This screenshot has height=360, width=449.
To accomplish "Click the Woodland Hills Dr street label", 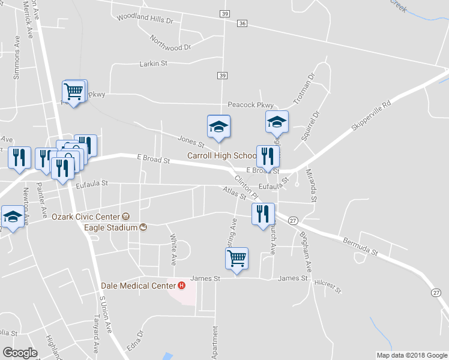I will pyautogui.click(x=146, y=20).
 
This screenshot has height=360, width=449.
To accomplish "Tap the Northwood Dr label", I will pyautogui.click(x=170, y=43).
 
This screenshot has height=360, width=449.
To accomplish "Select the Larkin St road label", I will pyautogui.click(x=153, y=63).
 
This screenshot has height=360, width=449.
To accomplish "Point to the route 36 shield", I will pyautogui.click(x=242, y=23).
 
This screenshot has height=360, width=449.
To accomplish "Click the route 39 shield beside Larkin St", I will pyautogui.click(x=222, y=75).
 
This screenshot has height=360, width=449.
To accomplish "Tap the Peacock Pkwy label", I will pyautogui.click(x=251, y=105).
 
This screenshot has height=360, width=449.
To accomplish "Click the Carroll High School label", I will pyautogui.click(x=222, y=155).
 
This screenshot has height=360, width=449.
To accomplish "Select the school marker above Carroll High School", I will pyautogui.click(x=218, y=127).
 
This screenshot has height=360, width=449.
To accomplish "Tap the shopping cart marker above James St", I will pyautogui.click(x=237, y=259).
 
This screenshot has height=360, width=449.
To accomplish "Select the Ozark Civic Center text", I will pyautogui.click(x=86, y=216).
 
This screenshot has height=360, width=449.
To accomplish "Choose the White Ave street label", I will pyautogui.click(x=174, y=250).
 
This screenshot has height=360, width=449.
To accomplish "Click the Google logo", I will pyautogui.click(x=20, y=352).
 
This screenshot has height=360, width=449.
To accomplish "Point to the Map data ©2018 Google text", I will pyautogui.click(x=411, y=355).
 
